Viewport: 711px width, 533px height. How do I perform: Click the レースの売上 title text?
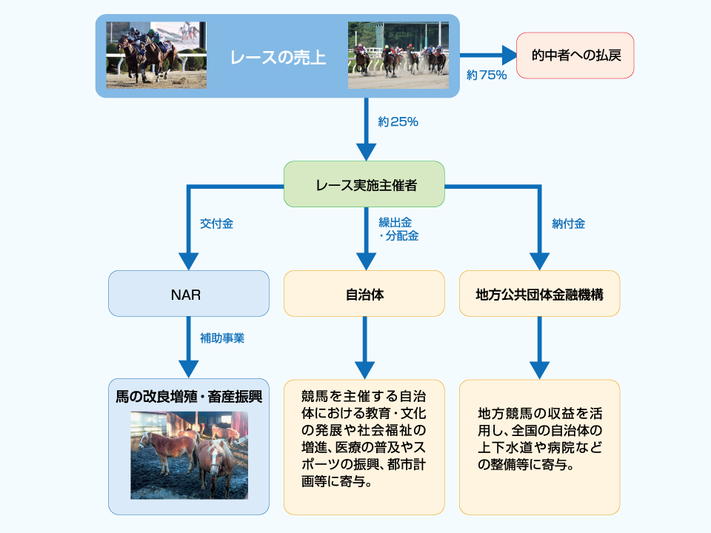tap(278, 57)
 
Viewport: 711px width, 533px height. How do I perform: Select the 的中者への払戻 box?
tap(575, 56)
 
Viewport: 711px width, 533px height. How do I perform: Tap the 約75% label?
tap(487, 76)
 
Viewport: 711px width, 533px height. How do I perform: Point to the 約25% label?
tap(398, 122)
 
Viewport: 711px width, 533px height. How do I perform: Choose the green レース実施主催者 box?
tap(364, 184)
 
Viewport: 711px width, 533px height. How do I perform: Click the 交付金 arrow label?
tap(216, 224)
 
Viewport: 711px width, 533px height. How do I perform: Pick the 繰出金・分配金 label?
tap(398, 229)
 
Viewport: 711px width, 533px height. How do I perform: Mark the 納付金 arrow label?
tap(568, 224)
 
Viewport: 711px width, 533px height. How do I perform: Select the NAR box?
tap(189, 294)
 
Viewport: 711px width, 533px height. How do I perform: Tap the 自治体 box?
tap(364, 294)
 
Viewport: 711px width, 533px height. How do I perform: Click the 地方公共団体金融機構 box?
tap(539, 294)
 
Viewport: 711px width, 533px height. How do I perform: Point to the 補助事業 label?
tap(221, 338)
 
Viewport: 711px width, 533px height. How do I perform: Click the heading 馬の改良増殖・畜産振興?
tap(189, 396)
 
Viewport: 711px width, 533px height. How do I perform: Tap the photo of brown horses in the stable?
tap(189, 455)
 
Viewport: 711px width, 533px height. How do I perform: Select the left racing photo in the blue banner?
tap(156, 55)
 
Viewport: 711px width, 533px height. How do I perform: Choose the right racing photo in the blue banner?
tap(398, 55)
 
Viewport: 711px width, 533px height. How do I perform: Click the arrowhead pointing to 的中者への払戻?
tap(509, 55)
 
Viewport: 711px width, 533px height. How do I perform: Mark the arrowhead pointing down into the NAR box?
tap(189, 261)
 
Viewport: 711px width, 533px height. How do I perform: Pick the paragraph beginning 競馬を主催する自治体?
tap(364, 438)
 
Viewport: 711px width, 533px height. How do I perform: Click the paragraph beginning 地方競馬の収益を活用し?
tap(539, 438)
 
